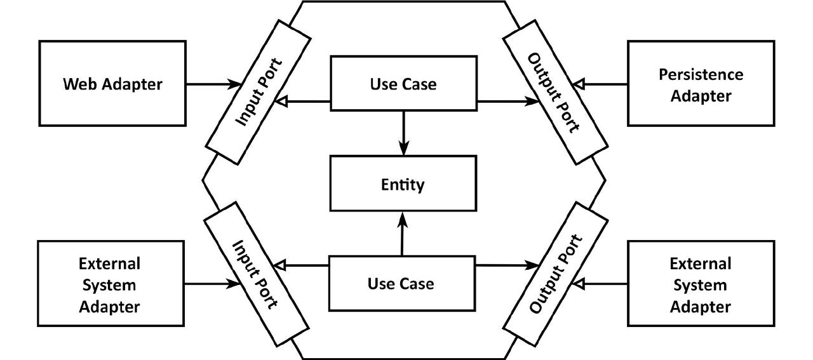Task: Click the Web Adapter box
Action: (x=112, y=83)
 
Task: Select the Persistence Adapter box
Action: (x=701, y=83)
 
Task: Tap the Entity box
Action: (x=403, y=183)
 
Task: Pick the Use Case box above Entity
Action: (x=403, y=83)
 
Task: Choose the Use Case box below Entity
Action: (x=402, y=283)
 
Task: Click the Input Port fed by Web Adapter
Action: (x=258, y=92)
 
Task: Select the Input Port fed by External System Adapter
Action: (x=256, y=274)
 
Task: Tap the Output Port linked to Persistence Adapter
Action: (x=555, y=92)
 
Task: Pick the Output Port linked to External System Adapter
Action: (x=555, y=274)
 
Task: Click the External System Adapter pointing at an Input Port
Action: (x=111, y=283)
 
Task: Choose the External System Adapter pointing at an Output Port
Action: (x=701, y=283)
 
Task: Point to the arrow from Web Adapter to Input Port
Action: (x=214, y=84)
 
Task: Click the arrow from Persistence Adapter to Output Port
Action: (x=600, y=84)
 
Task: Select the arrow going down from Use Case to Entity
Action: (x=403, y=133)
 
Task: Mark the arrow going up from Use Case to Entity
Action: (x=402, y=234)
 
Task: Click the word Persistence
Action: (x=701, y=74)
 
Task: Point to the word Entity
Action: (x=403, y=185)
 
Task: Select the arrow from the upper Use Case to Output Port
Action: (x=508, y=101)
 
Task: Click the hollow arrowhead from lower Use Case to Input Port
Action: (x=280, y=265)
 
